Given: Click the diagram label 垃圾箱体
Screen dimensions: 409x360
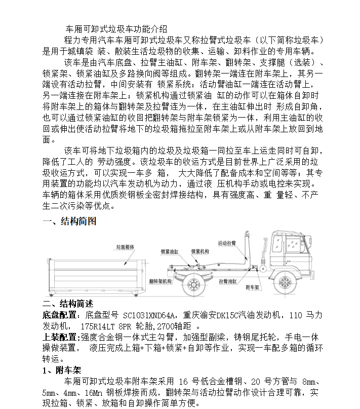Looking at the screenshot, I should pyautogui.click(x=127, y=246).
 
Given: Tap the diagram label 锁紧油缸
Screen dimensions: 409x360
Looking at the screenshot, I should pyautogui.click(x=170, y=250).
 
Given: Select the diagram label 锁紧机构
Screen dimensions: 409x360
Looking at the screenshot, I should pyautogui.click(x=200, y=250).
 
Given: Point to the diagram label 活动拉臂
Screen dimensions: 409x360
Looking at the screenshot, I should pyautogui.click(x=226, y=243).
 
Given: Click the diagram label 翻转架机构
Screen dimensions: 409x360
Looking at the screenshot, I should pyautogui.click(x=161, y=280).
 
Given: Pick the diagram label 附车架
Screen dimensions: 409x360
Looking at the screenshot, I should pyautogui.click(x=253, y=287).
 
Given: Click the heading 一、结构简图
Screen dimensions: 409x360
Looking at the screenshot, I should pyautogui.click(x=69, y=221).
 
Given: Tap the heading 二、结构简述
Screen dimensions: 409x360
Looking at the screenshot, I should pyautogui.click(x=67, y=304).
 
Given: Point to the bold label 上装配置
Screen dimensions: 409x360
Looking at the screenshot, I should pyautogui.click(x=58, y=337).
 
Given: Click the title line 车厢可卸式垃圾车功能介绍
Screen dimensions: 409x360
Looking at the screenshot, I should pyautogui.click(x=116, y=29).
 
